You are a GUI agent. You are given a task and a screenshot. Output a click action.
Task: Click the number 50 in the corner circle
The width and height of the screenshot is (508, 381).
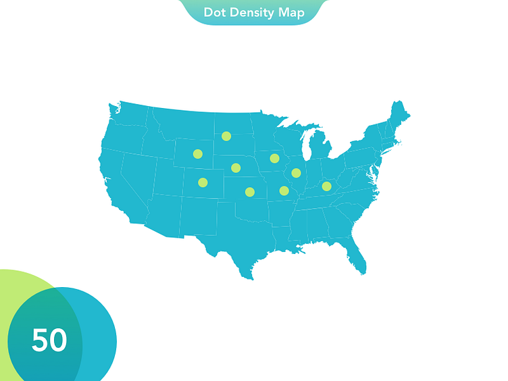pyautogui.click(x=49, y=340)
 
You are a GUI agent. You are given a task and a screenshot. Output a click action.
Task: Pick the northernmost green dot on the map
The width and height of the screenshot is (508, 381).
pyautogui.click(x=226, y=136)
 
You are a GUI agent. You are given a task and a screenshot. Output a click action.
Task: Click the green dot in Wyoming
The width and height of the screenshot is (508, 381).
pyautogui.click(x=197, y=154)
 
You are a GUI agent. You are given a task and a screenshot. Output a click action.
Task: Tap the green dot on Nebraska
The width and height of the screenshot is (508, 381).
pyautogui.click(x=236, y=168)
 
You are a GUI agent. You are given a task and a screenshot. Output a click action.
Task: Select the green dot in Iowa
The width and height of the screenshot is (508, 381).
pyautogui.click(x=274, y=158)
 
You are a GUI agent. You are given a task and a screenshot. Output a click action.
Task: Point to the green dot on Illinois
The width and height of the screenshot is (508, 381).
pyautogui.click(x=296, y=173)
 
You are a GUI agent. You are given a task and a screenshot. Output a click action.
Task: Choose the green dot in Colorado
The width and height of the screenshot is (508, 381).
pyautogui.click(x=203, y=182)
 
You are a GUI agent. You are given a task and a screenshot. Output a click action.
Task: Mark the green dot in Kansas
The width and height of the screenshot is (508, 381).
pyautogui.click(x=249, y=192)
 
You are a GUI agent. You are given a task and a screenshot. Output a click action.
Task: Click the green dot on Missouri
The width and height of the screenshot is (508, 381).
pyautogui.click(x=284, y=190)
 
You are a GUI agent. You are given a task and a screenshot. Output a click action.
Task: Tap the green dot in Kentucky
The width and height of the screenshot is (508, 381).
pyautogui.click(x=326, y=186)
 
